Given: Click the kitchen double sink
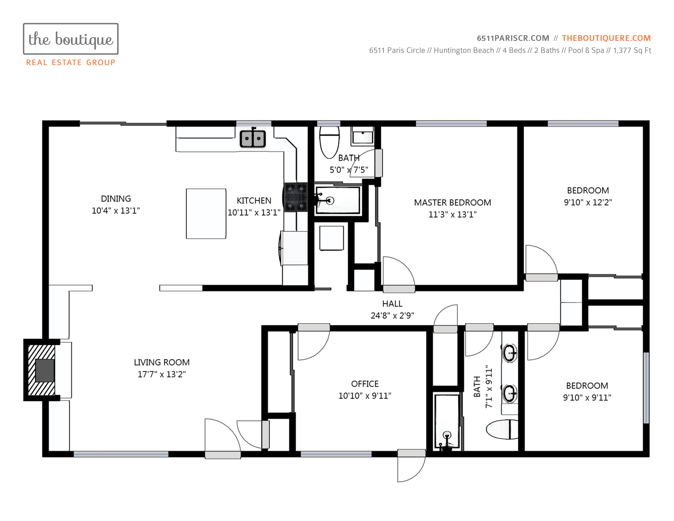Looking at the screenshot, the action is click(253, 139).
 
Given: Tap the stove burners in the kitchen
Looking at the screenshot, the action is click(296, 197).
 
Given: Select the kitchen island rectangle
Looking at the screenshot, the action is click(206, 214).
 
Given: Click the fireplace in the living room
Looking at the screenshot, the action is click(42, 370).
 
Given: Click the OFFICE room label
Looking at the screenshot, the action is click(365, 384).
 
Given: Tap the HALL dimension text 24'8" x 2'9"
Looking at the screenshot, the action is click(392, 315).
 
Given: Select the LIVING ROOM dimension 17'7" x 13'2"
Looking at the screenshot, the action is click(162, 374).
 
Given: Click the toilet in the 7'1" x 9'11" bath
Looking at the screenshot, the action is click(502, 429).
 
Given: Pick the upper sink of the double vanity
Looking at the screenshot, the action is click(510, 352).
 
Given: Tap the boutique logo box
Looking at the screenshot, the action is click(71, 39).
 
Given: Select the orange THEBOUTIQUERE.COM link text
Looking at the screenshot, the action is click(606, 38).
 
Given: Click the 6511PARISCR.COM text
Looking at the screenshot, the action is click(513, 38).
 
